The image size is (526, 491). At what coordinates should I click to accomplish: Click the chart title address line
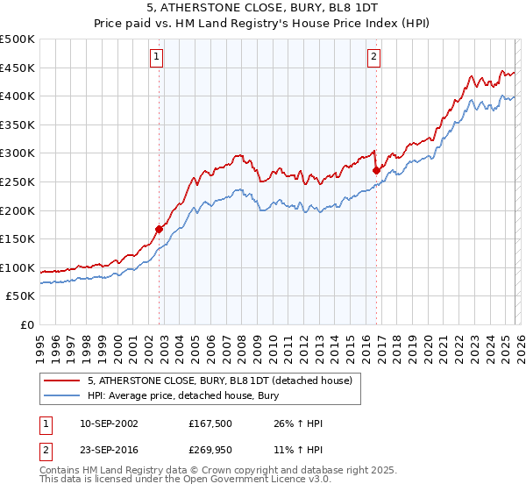click(262, 7)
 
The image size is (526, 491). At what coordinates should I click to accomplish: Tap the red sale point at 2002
click(160, 229)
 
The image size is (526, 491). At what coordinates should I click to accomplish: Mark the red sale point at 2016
click(376, 171)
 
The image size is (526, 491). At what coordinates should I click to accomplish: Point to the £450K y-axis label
click(18, 68)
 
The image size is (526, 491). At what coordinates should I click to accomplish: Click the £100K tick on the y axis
click(18, 267)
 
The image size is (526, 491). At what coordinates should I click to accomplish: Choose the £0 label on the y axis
click(26, 324)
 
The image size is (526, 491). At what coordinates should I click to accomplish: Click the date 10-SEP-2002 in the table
click(103, 423)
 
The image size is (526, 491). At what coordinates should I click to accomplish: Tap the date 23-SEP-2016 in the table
click(103, 453)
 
